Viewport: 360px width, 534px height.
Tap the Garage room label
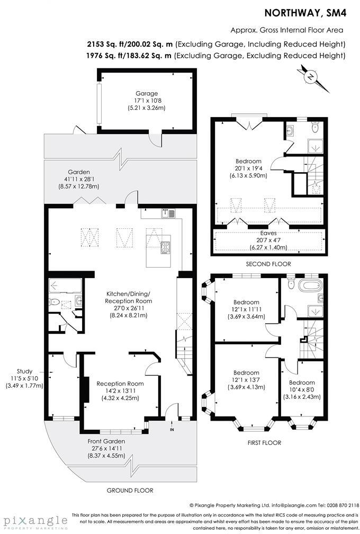[146, 94]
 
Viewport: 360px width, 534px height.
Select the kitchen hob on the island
[165, 247]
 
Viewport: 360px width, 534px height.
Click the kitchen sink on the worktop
[168, 213]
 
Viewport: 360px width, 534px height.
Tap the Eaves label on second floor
[268, 233]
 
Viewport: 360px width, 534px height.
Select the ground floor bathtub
[65, 286]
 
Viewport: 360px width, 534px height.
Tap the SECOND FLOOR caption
[268, 264]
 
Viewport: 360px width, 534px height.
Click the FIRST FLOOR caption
[264, 442]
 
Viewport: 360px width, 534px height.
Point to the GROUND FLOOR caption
[130, 491]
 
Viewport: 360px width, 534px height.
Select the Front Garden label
[106, 441]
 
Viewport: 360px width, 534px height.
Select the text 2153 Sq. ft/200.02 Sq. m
[131, 43]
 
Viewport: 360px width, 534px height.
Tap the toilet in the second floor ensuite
[315, 127]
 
